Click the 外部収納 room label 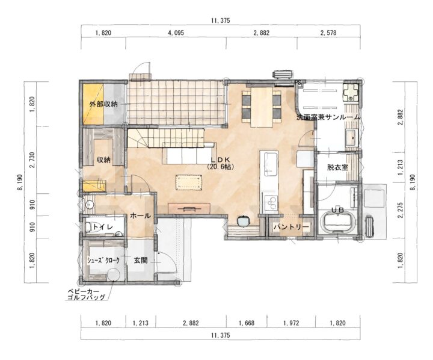tap(103, 104)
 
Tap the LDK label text tap(220, 160)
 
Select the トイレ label tap(103, 227)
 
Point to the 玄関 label tap(141, 260)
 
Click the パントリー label tap(291, 228)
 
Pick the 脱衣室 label tap(337, 167)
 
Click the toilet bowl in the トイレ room tap(89, 227)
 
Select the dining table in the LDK tap(262, 107)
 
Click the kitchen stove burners tap(271, 203)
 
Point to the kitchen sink tap(271, 164)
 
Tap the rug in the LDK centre tap(189, 183)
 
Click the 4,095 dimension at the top tap(176, 33)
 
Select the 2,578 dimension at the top tap(328, 33)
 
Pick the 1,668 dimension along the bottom tap(247, 323)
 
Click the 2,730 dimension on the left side tap(33, 160)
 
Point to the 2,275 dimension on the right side tap(401, 210)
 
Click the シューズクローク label tap(103, 261)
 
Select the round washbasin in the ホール tap(90, 205)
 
